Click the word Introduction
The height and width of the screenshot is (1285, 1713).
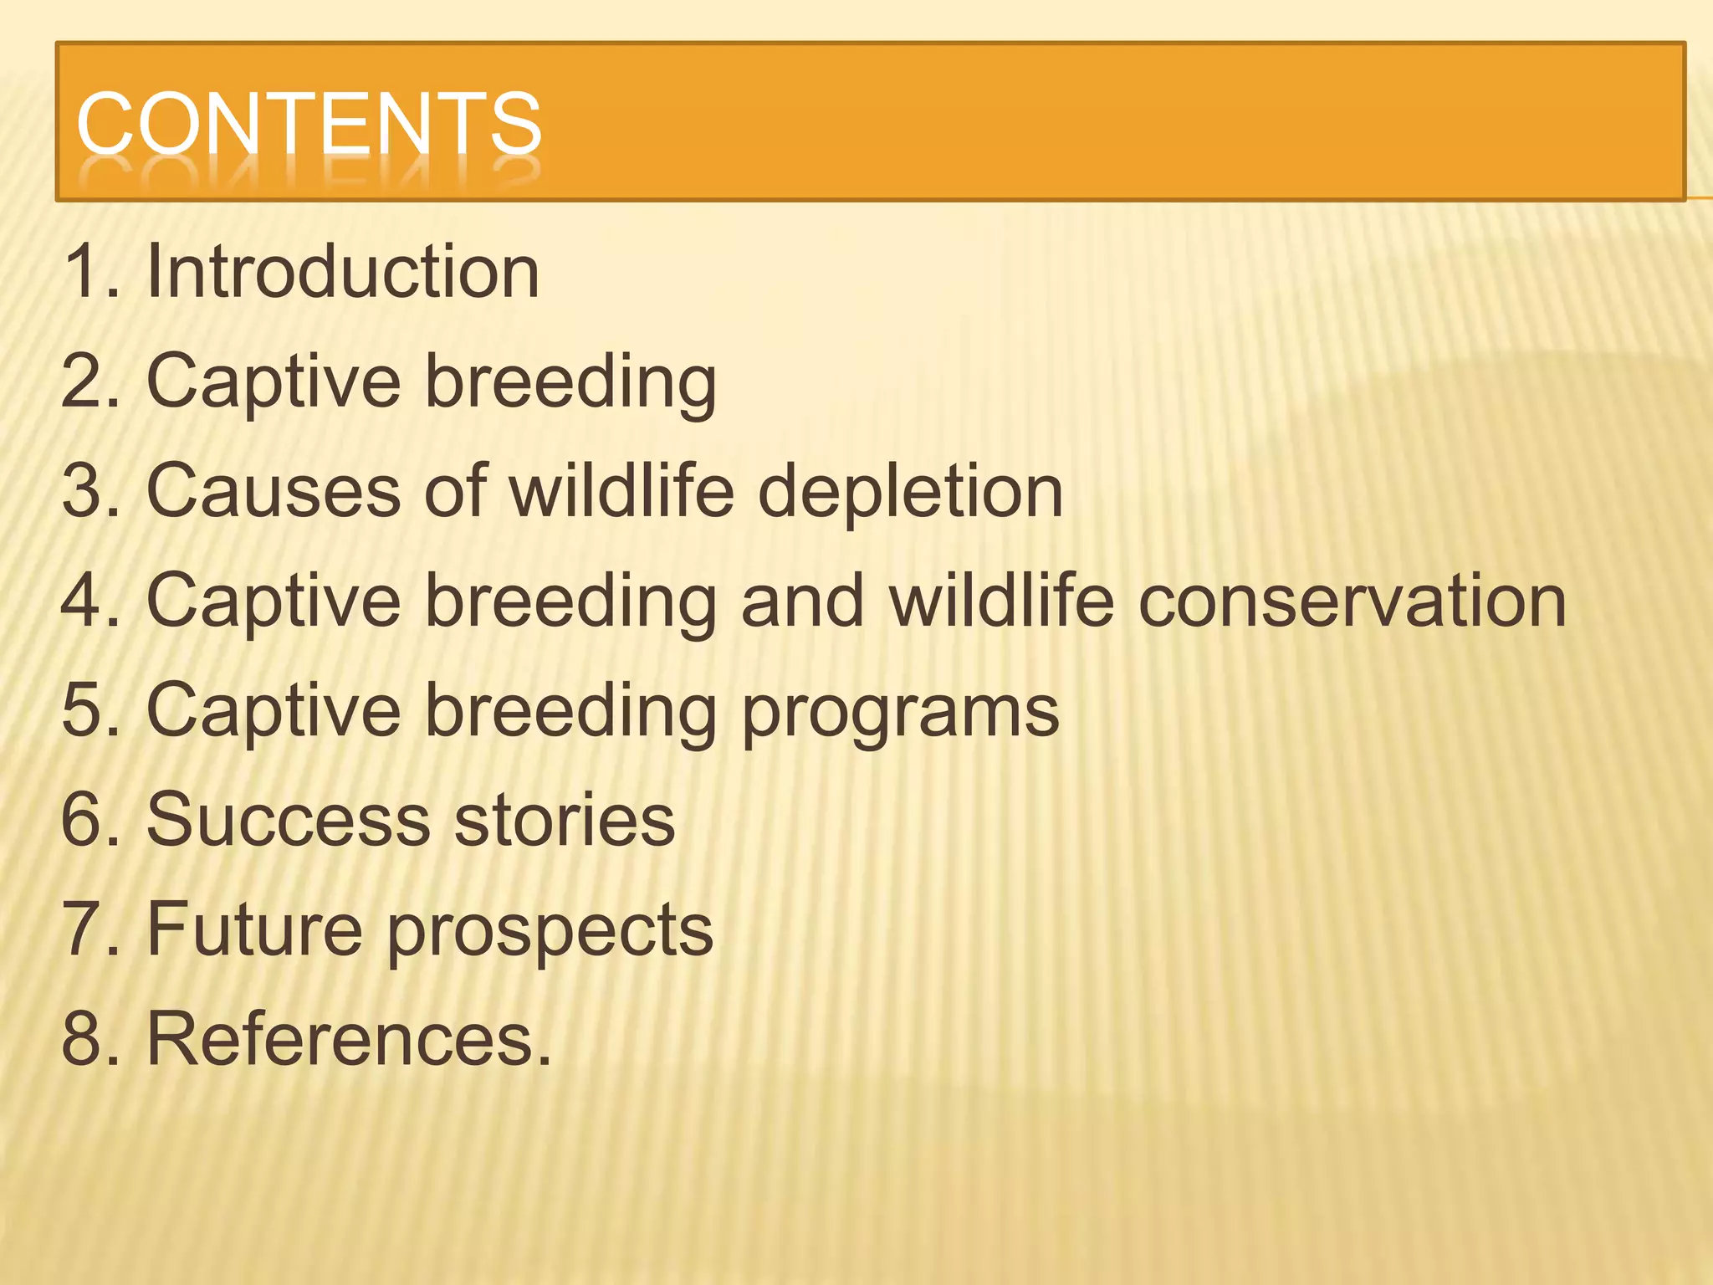pos(343,272)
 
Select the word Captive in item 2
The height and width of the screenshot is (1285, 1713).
pos(274,382)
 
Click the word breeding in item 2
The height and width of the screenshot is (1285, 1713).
pos(570,382)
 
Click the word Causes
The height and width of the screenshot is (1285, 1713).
pos(274,491)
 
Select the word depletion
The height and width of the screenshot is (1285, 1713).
pos(910,493)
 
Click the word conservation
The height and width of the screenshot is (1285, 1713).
pos(1353,601)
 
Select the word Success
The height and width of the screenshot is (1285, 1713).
pos(289,820)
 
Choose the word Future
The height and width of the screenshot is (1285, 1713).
pos(254,929)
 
